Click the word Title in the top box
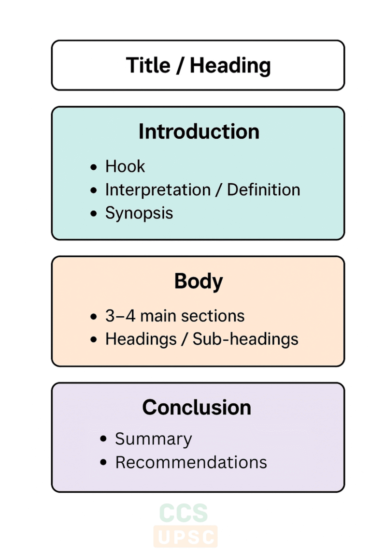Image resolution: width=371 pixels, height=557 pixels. click(x=148, y=65)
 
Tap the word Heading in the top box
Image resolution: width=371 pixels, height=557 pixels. click(x=230, y=65)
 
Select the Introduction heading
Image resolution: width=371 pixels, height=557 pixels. click(x=199, y=132)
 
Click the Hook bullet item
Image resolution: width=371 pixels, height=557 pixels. click(x=125, y=166)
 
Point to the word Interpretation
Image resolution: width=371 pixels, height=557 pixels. click(x=158, y=190)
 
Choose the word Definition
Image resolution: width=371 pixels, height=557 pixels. click(x=263, y=190)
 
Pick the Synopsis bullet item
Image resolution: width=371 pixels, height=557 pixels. click(x=139, y=213)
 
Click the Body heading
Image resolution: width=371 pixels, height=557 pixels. click(x=199, y=281)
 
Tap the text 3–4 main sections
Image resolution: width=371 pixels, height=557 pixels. click(x=174, y=316)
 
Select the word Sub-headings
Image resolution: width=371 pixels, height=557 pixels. click(x=245, y=339)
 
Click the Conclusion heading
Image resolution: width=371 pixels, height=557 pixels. click(x=197, y=407)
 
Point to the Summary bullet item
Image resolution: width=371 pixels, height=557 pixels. click(x=153, y=439)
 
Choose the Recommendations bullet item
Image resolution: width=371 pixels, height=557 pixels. click(x=191, y=462)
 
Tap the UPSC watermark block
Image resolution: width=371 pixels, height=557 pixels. click(x=185, y=537)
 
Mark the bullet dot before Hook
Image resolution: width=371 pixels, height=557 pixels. click(x=93, y=167)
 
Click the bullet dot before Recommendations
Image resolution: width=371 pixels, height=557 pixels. click(x=103, y=463)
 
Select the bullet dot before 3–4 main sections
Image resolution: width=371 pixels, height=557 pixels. click(x=93, y=317)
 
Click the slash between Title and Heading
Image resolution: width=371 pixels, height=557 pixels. click(x=179, y=65)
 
